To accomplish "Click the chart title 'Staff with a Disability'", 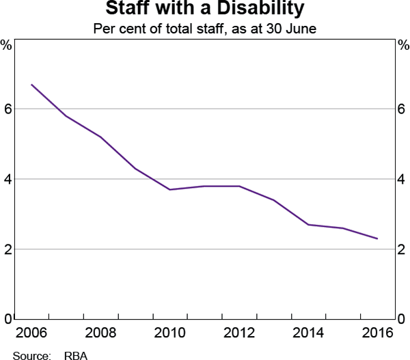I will (x=205, y=10).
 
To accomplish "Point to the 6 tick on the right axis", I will (x=402, y=109).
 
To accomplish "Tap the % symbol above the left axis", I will (x=7, y=46).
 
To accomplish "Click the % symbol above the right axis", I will (x=402, y=46).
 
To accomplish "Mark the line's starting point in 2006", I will (x=31, y=85).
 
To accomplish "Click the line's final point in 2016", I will (x=378, y=238).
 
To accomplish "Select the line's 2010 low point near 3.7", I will (x=170, y=189).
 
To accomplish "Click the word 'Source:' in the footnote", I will (x=32, y=355).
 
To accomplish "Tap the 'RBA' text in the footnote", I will (x=76, y=355).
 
